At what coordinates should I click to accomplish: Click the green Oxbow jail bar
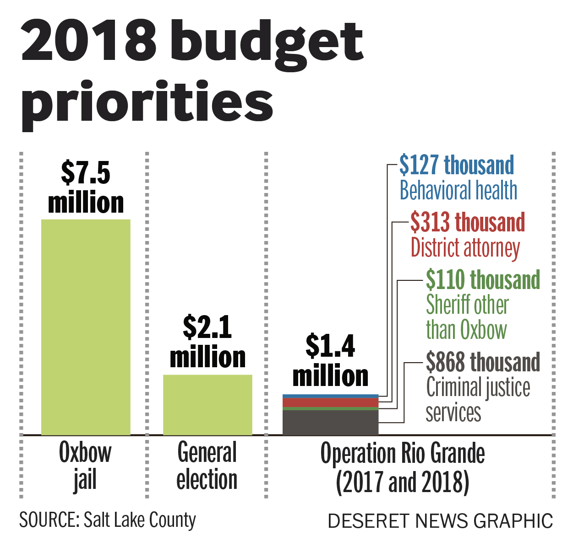(86, 327)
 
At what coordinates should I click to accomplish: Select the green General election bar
(207, 405)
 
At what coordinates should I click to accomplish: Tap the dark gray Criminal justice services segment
(330, 423)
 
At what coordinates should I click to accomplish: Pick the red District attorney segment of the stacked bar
(330, 402)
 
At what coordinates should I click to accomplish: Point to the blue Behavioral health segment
(330, 396)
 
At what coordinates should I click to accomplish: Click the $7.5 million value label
(86, 188)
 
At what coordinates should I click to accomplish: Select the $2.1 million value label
(207, 342)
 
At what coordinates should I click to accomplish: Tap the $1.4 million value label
(330, 361)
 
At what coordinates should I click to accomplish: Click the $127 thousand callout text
(457, 165)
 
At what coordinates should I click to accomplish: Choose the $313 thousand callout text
(467, 222)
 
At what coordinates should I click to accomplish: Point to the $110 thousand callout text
(483, 279)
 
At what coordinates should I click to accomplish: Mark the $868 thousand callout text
(483, 362)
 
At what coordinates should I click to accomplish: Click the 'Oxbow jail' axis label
(85, 466)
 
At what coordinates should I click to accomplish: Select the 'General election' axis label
(207, 466)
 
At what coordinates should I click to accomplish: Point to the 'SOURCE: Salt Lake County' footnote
(108, 520)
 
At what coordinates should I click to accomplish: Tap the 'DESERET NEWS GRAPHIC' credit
(440, 521)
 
